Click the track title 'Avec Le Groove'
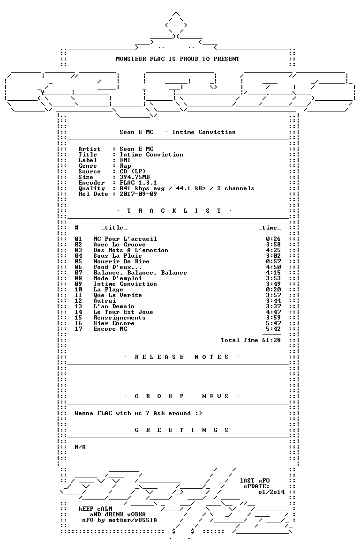119,245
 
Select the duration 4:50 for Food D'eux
273,267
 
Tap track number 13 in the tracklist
78,306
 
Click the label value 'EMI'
125,160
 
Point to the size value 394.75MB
135,177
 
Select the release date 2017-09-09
138,194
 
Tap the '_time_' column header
270,228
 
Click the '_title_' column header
114,228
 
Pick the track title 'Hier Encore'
113,323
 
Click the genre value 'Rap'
125,166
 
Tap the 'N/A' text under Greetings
80,447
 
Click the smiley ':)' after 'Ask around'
199,413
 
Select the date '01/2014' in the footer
271,492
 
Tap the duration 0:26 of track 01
273,239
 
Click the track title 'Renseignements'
119,318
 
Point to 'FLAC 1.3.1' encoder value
138,183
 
